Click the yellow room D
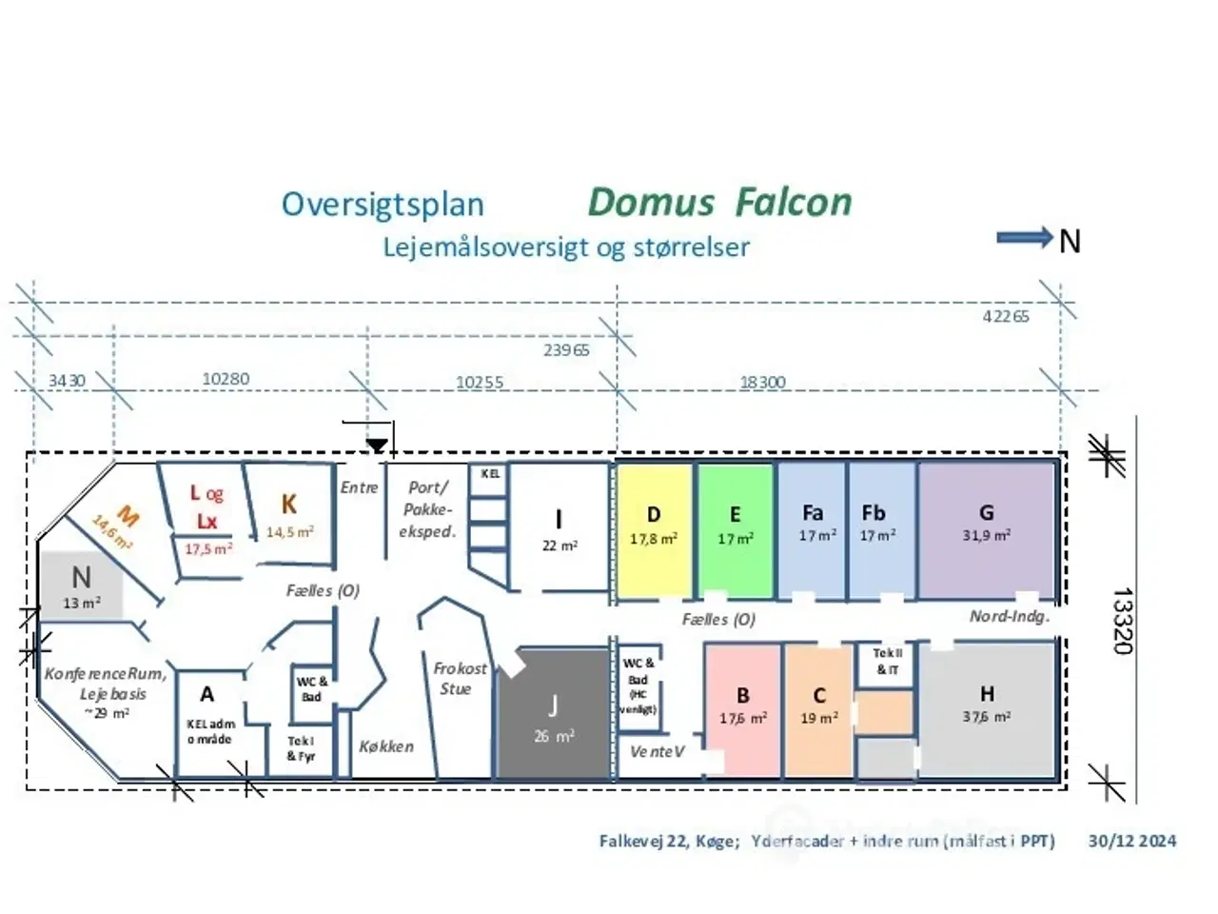point(654,529)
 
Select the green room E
point(735,529)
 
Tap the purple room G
point(986,529)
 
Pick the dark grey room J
point(553,716)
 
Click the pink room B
point(743,709)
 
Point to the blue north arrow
point(1024,238)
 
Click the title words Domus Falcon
point(719,202)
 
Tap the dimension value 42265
point(1005,316)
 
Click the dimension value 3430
point(67,381)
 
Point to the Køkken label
point(386,746)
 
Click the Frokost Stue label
point(459,678)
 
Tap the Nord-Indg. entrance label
point(1009,616)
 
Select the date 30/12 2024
point(1131,841)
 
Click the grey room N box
point(81,586)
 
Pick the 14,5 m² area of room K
point(289,532)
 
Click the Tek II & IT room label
point(887,662)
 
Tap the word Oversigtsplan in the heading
point(383,205)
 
